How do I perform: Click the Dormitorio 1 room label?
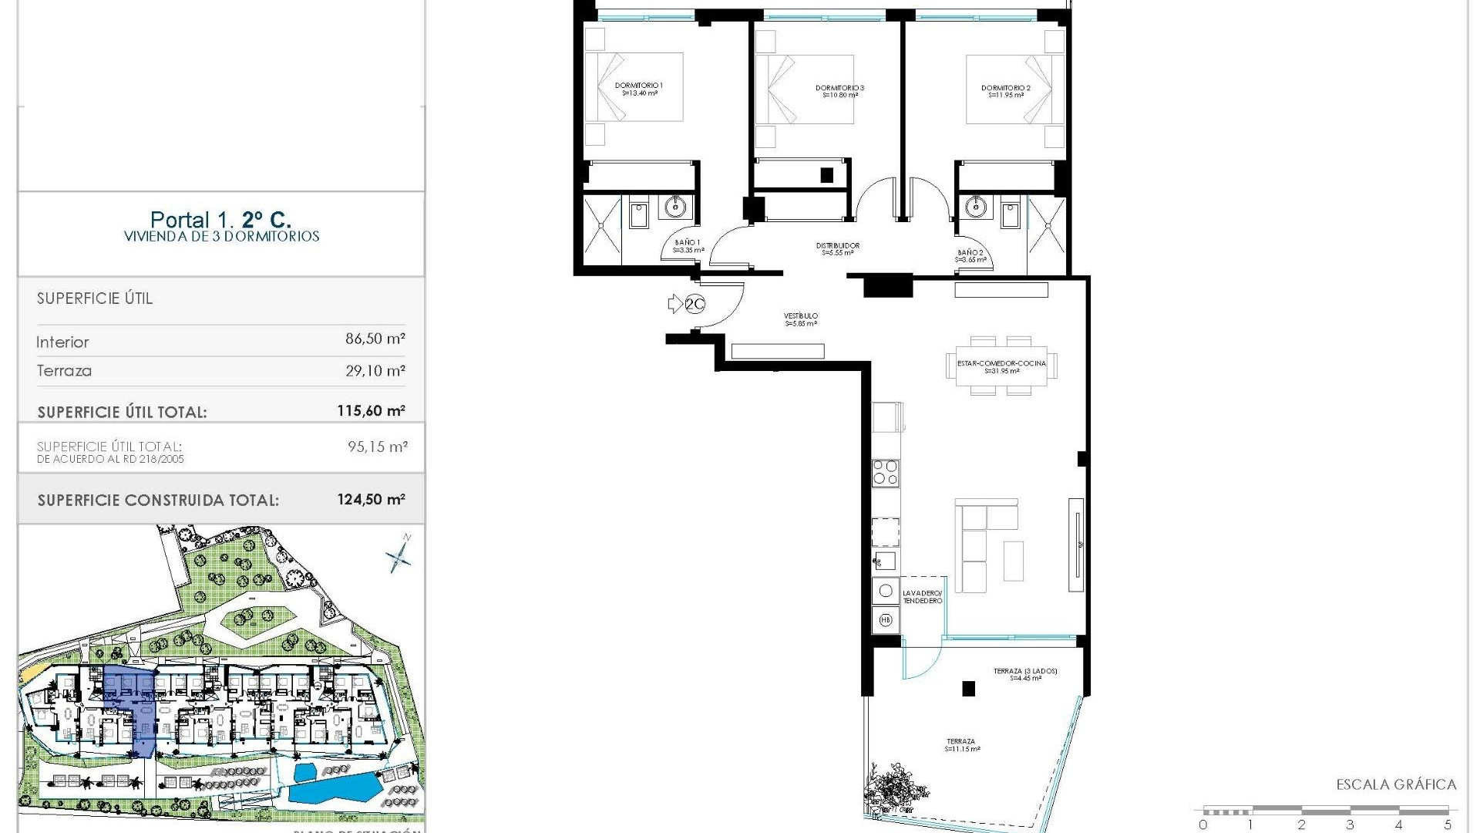tap(639, 89)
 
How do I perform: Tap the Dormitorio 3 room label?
tap(839, 91)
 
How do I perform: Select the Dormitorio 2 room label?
tap(1005, 91)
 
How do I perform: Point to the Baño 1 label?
tap(688, 246)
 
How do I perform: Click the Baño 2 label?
tap(970, 256)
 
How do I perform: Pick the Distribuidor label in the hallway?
tap(837, 248)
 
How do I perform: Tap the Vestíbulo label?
tap(801, 319)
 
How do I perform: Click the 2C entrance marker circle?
tap(695, 305)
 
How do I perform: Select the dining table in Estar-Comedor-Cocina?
tap(1001, 366)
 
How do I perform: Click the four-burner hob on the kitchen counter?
tap(885, 472)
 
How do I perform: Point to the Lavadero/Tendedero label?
tap(922, 596)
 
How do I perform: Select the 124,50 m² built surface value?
tap(371, 499)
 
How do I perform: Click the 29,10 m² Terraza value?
tap(375, 371)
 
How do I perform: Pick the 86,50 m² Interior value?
tap(375, 339)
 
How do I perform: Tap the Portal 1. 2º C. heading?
tap(220, 220)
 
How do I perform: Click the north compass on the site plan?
tap(399, 554)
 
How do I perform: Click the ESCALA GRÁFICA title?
tap(1396, 785)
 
